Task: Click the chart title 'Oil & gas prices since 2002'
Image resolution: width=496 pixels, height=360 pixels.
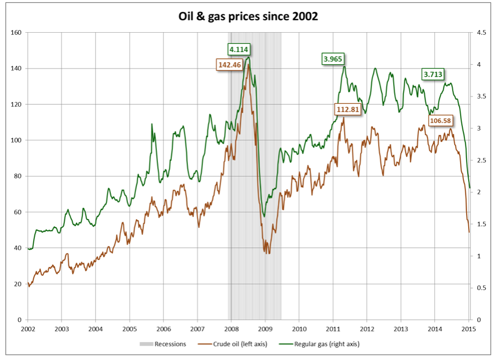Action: pyautogui.click(x=248, y=17)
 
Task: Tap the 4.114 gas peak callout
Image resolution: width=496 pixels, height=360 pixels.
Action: pyautogui.click(x=239, y=49)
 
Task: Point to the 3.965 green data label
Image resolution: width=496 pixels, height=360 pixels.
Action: pyautogui.click(x=333, y=58)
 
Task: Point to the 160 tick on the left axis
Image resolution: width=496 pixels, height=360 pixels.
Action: pyautogui.click(x=16, y=33)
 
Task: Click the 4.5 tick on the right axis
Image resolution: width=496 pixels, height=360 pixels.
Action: pyautogui.click(x=480, y=33)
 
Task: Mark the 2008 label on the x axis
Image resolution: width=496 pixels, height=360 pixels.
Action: pyautogui.click(x=231, y=328)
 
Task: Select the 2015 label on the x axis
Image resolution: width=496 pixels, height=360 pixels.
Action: pyautogui.click(x=469, y=328)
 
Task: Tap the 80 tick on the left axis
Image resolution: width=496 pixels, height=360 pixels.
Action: pyautogui.click(x=17, y=176)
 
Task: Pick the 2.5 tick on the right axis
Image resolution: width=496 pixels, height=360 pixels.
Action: pyautogui.click(x=480, y=160)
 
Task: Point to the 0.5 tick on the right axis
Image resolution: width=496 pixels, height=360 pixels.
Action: pyautogui.click(x=480, y=288)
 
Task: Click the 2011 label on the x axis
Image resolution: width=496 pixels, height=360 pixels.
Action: pyautogui.click(x=333, y=328)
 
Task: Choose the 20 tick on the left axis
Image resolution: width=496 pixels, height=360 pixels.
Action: pyautogui.click(x=17, y=284)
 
